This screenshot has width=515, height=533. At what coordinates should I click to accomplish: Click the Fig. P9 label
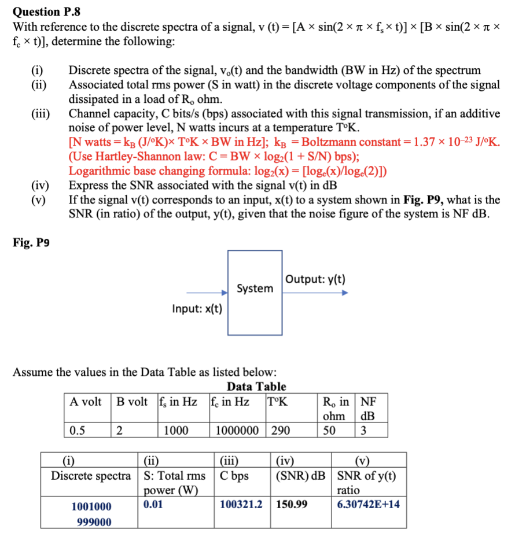click(x=31, y=243)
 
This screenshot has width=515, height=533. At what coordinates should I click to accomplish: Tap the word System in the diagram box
click(x=255, y=288)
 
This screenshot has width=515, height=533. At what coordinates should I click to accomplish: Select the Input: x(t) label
click(x=197, y=309)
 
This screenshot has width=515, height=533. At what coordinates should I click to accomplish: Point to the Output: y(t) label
click(x=315, y=279)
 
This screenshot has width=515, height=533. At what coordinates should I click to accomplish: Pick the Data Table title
click(x=256, y=387)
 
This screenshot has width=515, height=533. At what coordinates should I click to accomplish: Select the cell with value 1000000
click(x=238, y=430)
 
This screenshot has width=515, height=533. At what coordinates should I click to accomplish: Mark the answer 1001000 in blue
click(x=91, y=506)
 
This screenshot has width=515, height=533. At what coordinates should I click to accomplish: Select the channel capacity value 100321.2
click(x=241, y=504)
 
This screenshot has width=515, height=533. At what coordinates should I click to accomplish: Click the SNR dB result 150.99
click(x=292, y=504)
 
